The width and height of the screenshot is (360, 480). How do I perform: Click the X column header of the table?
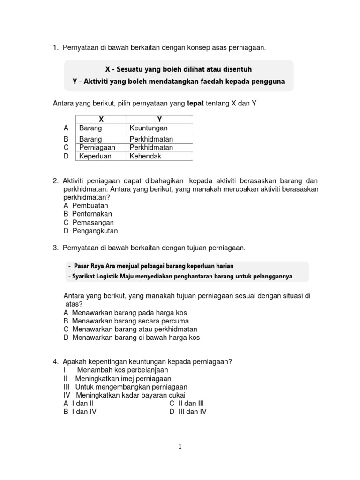pyautogui.click(x=101, y=120)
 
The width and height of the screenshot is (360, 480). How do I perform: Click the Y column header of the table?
pyautogui.click(x=159, y=120)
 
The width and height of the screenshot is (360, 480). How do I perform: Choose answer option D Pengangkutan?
pyautogui.click(x=91, y=231)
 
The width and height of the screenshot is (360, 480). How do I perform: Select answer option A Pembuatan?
pyautogui.click(x=86, y=205)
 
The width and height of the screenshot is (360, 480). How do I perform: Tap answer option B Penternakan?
pyautogui.click(x=88, y=214)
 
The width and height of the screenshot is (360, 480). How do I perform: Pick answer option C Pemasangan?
pyautogui.click(x=89, y=222)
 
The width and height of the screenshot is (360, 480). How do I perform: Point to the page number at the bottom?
pyautogui.click(x=180, y=447)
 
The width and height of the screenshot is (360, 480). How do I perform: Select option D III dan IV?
pyautogui.click(x=188, y=412)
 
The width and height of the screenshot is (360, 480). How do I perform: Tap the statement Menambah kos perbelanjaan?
pyautogui.click(x=116, y=370)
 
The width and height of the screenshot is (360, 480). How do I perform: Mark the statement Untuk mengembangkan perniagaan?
pyautogui.click(x=125, y=387)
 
